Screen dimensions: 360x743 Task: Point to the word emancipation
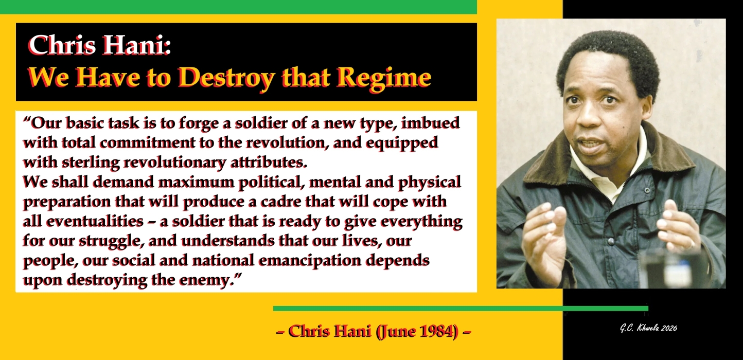[326, 260]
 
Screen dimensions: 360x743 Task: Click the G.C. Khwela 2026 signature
[648, 328]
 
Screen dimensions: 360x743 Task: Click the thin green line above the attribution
[461, 309]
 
